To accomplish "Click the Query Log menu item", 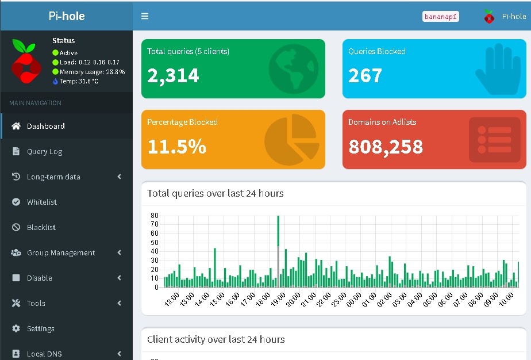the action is (x=44, y=151).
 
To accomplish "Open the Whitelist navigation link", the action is (x=41, y=202).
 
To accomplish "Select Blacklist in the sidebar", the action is (x=41, y=228).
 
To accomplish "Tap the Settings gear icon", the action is (x=16, y=328).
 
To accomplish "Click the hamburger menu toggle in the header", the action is (x=145, y=16).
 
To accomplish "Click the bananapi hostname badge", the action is (x=440, y=17).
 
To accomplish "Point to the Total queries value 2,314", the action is (x=173, y=75).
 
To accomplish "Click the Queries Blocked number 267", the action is (x=365, y=75).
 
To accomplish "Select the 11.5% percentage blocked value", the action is (x=177, y=147).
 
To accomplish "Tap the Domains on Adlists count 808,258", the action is (x=386, y=147).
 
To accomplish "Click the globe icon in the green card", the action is (x=294, y=69).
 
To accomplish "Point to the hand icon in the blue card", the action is (x=498, y=69).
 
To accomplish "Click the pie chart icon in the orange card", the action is (x=291, y=140).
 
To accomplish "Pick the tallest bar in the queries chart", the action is (x=278, y=251).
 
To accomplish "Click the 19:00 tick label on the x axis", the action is (x=278, y=300).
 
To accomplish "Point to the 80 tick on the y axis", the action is (x=155, y=216).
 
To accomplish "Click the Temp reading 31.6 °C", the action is (x=79, y=81).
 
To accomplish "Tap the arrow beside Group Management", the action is (x=119, y=252).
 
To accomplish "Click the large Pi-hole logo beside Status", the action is (x=26, y=61).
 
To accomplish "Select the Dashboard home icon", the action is (x=16, y=126).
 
